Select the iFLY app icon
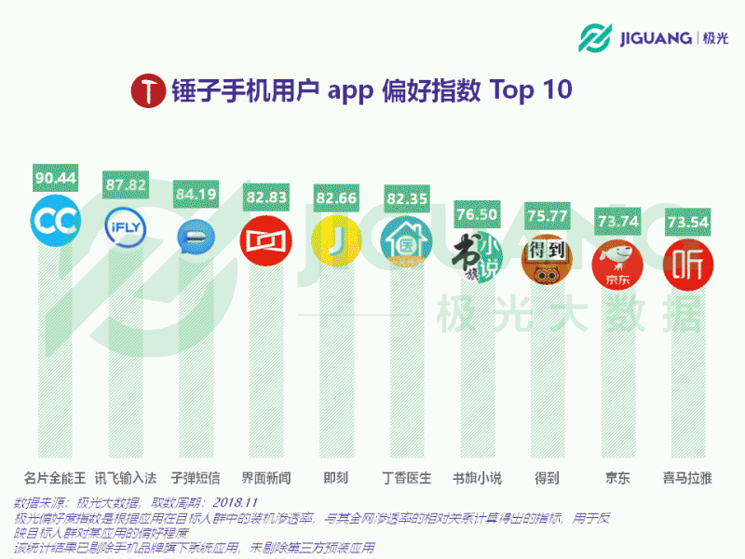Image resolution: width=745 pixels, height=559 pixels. (126, 228)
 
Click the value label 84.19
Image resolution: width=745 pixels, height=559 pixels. (196, 194)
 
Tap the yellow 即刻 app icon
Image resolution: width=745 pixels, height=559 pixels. (335, 240)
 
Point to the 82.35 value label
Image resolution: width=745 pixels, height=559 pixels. (406, 198)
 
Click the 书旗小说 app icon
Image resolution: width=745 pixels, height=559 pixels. (476, 252)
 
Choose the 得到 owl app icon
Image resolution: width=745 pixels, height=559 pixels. (546, 259)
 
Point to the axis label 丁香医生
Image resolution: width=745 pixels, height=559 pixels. (407, 478)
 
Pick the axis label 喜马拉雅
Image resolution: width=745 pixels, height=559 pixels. (687, 478)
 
